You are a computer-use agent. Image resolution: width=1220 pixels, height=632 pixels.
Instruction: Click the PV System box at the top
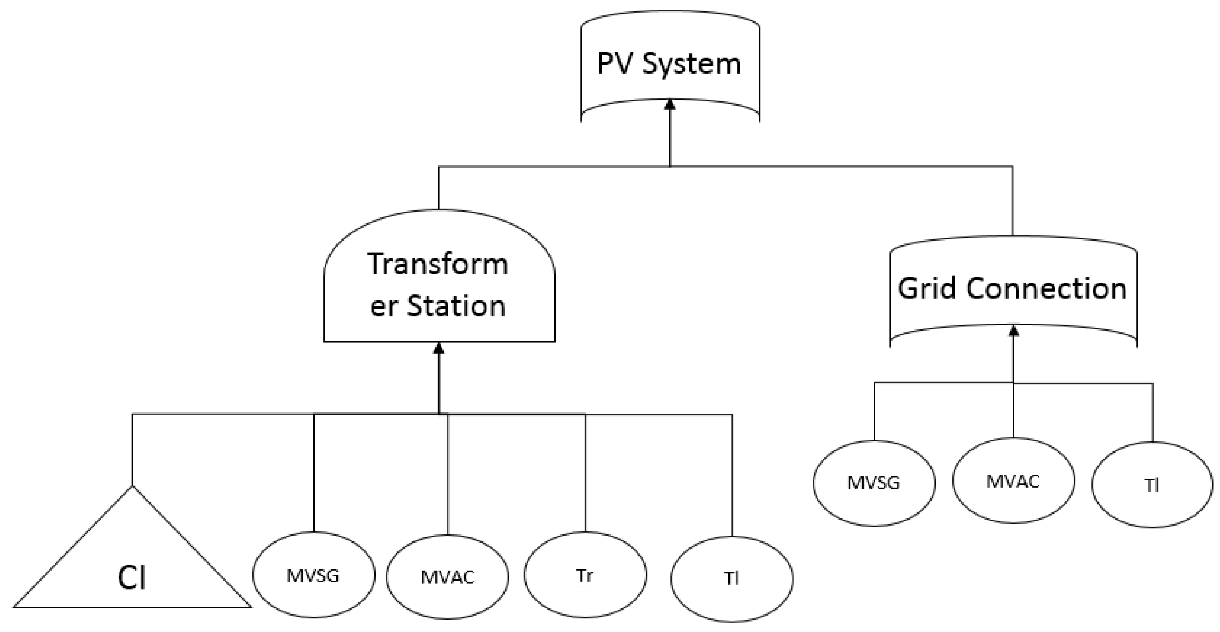click(670, 64)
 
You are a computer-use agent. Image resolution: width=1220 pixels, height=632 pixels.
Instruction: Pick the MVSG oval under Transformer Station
click(313, 575)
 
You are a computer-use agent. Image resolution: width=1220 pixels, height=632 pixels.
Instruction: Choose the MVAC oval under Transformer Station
click(447, 577)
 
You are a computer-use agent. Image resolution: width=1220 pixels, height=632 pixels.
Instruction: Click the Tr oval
click(585, 575)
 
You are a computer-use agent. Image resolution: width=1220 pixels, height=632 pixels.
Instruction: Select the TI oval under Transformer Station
click(732, 578)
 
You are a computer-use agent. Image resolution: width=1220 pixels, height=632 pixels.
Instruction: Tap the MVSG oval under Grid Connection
click(874, 483)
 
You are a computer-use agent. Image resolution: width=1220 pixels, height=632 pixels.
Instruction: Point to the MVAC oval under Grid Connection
click(1013, 481)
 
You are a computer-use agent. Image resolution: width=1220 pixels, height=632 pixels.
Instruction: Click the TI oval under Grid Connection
click(1152, 485)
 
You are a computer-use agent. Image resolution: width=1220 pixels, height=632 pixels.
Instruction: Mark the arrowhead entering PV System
click(670, 104)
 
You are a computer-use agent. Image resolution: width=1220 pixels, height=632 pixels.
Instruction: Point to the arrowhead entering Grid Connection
click(1013, 330)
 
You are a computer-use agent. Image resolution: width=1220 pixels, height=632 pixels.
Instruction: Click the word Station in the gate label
click(456, 306)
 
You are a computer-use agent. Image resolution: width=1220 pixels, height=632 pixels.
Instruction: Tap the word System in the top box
click(691, 64)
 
